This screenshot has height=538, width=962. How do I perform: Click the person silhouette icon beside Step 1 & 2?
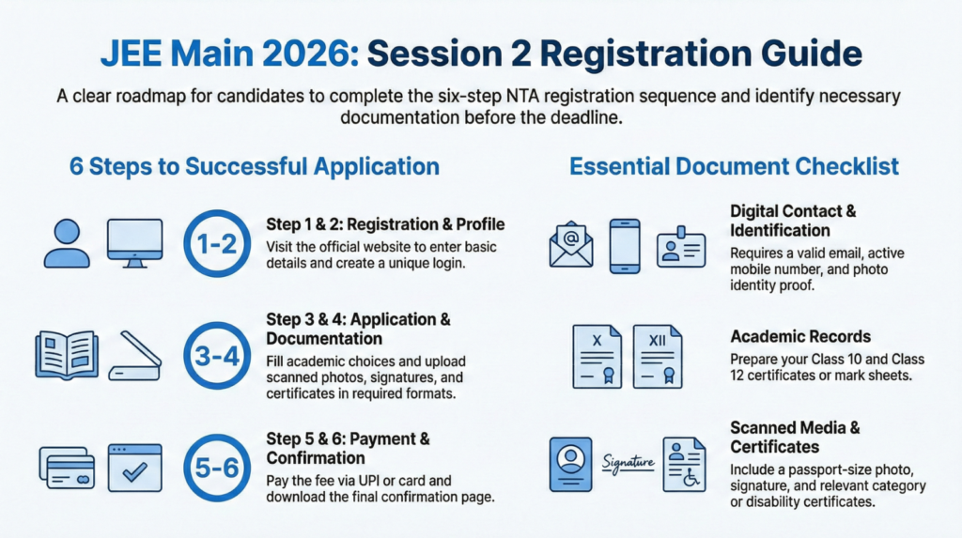click(67, 243)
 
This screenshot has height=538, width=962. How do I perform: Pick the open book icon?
click(66, 355)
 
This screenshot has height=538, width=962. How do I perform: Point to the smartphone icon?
click(625, 246)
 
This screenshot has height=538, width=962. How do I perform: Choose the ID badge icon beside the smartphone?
click(680, 246)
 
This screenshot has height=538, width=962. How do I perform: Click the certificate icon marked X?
click(597, 357)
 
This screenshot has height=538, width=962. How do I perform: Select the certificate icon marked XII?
click(658, 357)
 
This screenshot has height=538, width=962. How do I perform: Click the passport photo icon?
click(570, 464)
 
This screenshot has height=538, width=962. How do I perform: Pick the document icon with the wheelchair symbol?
click(684, 464)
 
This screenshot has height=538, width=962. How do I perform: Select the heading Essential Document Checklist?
click(734, 167)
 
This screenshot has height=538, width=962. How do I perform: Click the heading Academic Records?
click(800, 336)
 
